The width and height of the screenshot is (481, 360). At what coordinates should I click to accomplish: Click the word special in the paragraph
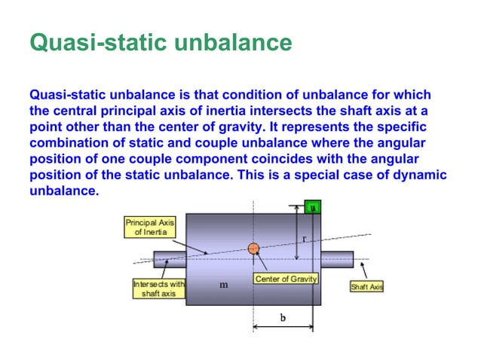point(287,175)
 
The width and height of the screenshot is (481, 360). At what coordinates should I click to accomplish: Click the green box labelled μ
point(313,206)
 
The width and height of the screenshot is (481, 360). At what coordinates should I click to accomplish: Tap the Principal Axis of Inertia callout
point(149,227)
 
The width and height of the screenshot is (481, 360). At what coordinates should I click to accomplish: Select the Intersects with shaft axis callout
point(158,288)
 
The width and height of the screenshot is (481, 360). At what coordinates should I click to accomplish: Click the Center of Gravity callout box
point(286,279)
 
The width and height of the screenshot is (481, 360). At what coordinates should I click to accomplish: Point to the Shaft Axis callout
point(366,287)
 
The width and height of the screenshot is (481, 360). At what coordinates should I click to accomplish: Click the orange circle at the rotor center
point(253,248)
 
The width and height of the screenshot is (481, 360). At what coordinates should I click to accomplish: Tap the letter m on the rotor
point(224,285)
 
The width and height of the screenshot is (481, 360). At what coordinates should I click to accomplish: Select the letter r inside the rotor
point(303,236)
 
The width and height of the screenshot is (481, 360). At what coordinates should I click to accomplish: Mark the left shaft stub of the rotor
point(170,260)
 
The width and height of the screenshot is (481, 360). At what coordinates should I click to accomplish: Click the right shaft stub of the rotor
point(337,260)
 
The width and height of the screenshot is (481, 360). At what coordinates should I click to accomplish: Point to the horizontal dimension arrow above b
point(283,327)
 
